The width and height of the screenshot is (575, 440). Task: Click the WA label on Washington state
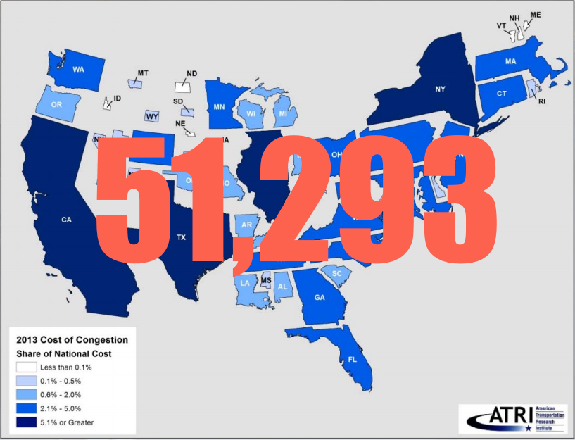point(79,69)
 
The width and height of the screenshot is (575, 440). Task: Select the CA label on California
point(67,220)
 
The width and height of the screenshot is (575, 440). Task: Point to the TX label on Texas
point(181,239)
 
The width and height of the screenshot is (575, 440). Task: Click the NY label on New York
point(440,89)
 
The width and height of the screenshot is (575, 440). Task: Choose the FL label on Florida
point(353,359)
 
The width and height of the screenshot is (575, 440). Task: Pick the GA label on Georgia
point(320,297)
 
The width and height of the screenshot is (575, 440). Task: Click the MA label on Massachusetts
point(510,61)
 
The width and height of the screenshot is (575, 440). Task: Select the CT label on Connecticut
point(501,93)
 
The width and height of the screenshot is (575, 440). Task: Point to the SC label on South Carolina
point(336,273)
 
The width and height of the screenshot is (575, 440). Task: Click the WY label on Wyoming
point(152,116)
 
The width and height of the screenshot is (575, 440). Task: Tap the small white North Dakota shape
point(184,86)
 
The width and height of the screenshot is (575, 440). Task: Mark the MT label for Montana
point(143,73)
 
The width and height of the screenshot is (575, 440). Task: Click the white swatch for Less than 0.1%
point(25,367)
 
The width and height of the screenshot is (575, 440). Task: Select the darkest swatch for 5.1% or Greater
point(25,422)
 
